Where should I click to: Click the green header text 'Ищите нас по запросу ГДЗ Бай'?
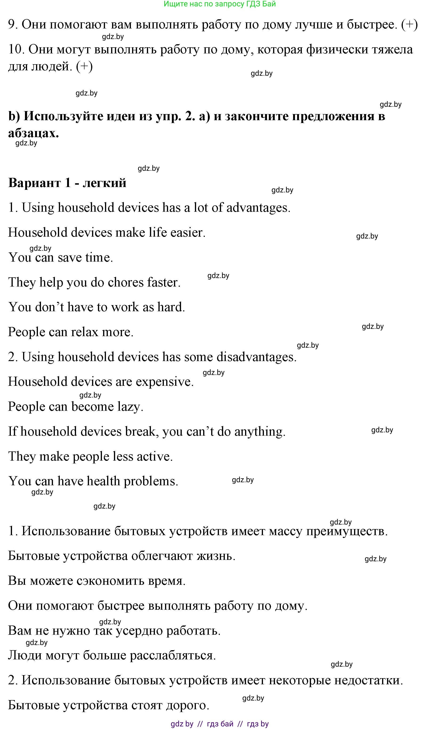[220, 4]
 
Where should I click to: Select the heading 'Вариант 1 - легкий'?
[68, 183]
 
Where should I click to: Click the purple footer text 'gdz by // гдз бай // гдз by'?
[220, 724]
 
